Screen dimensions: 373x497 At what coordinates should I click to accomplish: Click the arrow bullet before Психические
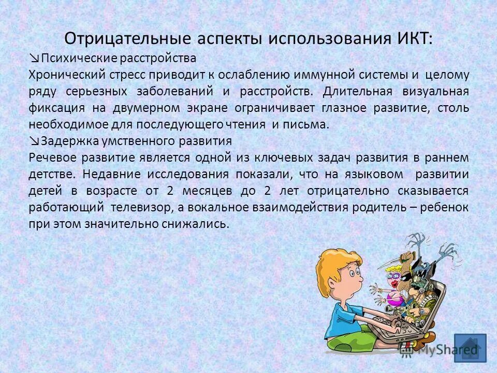point(35,58)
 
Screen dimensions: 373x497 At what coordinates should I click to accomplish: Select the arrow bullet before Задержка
point(35,141)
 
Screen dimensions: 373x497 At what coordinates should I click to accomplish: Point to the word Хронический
point(63,75)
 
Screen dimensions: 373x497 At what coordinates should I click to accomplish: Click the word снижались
point(199,224)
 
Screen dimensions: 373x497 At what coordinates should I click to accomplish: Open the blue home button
point(470,348)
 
